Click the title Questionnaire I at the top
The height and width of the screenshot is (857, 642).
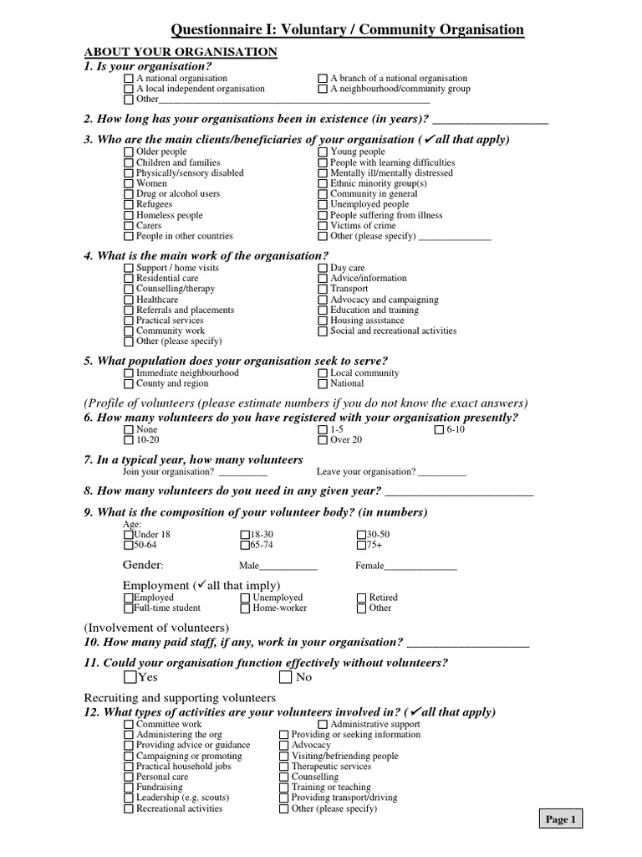point(347,31)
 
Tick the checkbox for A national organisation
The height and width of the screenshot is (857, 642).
point(128,79)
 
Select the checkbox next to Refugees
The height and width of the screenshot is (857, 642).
point(128,204)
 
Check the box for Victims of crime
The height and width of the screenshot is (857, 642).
point(324,226)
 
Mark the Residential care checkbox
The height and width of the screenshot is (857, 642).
point(128,279)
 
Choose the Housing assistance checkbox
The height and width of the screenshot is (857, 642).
point(324,321)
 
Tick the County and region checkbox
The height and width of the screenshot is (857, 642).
point(128,384)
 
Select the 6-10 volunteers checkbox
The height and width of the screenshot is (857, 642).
point(440,430)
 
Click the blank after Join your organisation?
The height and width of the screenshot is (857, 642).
point(242,473)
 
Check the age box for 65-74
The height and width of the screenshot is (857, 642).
point(245,545)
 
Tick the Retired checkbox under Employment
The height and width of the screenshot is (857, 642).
point(362,598)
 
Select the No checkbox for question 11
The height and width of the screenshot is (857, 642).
point(286,677)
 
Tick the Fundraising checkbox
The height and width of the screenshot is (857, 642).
point(128,788)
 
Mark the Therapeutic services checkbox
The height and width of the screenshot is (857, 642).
point(283,767)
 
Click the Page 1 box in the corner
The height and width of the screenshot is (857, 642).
point(560,820)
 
